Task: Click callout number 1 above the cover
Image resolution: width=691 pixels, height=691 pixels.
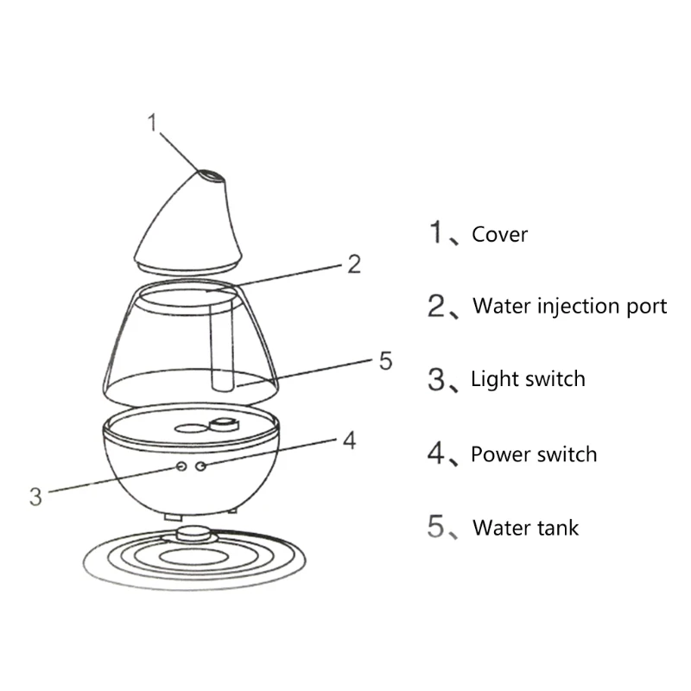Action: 153,124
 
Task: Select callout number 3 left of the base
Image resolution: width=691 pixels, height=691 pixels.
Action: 35,496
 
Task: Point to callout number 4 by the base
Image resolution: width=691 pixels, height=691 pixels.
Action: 349,441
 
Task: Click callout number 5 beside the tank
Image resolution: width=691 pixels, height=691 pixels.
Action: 385,360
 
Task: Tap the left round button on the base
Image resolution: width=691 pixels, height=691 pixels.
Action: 182,466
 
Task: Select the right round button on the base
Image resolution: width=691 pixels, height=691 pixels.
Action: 200,466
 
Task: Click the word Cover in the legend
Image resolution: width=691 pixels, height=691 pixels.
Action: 499,234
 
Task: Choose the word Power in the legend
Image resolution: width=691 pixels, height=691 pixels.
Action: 498,454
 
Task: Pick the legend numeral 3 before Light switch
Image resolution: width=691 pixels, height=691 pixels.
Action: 439,378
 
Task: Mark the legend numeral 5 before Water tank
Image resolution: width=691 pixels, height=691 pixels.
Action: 439,526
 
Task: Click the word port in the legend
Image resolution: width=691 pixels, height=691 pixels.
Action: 645,307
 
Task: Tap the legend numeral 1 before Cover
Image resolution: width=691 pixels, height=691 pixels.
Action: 439,233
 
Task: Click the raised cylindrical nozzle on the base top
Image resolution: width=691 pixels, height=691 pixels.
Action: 226,423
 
